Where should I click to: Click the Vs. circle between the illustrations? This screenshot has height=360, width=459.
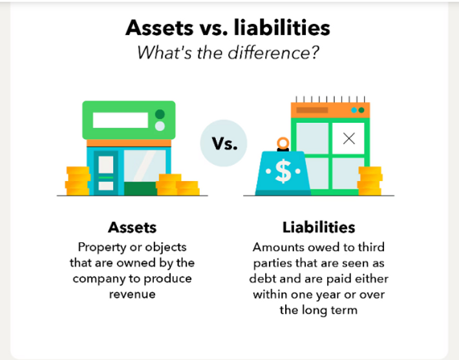[224, 143]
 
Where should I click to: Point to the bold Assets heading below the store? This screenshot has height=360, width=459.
[132, 228]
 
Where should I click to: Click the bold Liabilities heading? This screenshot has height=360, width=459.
[319, 228]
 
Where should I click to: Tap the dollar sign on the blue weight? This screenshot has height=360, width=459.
[283, 171]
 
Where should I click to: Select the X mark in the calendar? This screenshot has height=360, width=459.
[349, 138]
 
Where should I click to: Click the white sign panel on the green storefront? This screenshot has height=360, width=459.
[120, 120]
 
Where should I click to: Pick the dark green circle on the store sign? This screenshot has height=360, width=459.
[160, 114]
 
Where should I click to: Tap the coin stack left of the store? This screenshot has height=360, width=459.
[77, 180]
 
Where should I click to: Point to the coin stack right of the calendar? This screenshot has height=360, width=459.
[370, 180]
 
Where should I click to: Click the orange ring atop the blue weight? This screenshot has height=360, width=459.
[282, 143]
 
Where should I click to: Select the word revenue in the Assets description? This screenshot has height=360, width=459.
[132, 294]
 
